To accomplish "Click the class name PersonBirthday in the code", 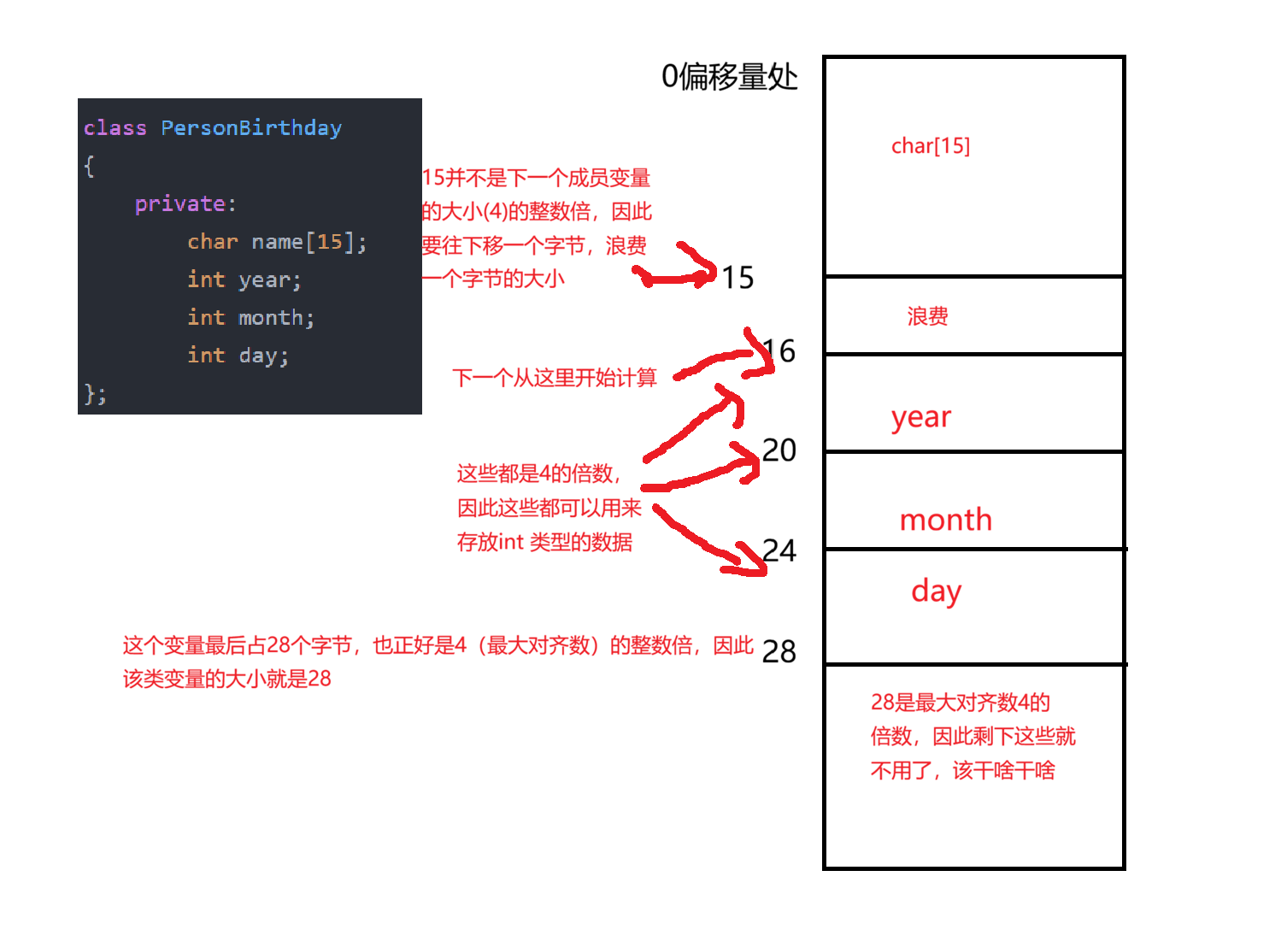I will pyautogui.click(x=251, y=128).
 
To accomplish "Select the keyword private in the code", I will pyautogui.click(x=180, y=203).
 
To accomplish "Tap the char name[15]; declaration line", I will pyautogui.click(x=277, y=242).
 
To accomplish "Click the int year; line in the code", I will pyautogui.click(x=244, y=279).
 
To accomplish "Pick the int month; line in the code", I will pyautogui.click(x=250, y=318).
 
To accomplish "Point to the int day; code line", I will pyautogui.click(x=238, y=356).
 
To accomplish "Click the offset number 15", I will pyautogui.click(x=738, y=278).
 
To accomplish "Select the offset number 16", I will pyautogui.click(x=779, y=350).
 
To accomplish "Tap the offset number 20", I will pyautogui.click(x=779, y=450).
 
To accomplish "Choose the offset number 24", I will pyautogui.click(x=779, y=550).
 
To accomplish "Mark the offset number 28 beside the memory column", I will pyautogui.click(x=779, y=651).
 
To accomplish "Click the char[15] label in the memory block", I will pyautogui.click(x=930, y=146).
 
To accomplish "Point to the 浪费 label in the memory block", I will pyautogui.click(x=927, y=317).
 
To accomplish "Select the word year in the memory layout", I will pyautogui.click(x=920, y=417).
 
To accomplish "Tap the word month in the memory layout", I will pyautogui.click(x=945, y=520).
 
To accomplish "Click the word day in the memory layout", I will pyautogui.click(x=936, y=591).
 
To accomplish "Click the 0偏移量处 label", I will pyautogui.click(x=729, y=77).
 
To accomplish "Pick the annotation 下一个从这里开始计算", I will pyautogui.click(x=554, y=378).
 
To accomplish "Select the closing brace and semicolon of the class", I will pyautogui.click(x=95, y=394).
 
